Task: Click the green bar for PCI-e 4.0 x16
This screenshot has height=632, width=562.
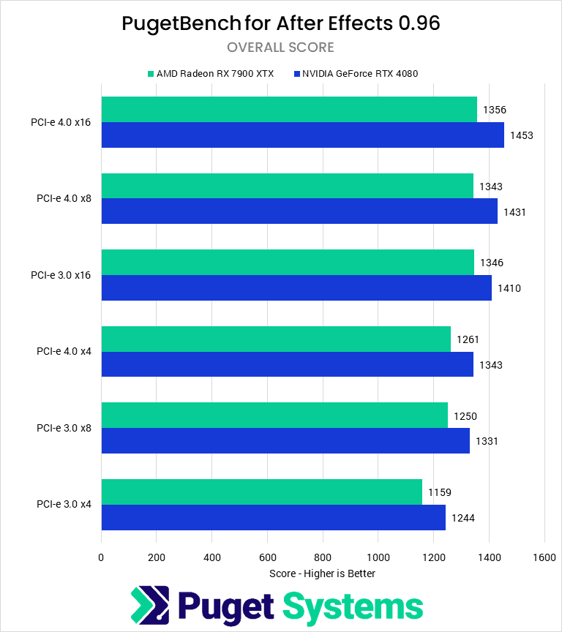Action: click(289, 110)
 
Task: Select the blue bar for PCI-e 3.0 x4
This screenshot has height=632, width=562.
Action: click(273, 518)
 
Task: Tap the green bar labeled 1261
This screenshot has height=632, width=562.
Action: click(276, 339)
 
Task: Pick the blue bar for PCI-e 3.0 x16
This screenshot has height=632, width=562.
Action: click(296, 288)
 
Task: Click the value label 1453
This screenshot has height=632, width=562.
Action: click(521, 135)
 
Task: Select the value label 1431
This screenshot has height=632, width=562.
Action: click(514, 212)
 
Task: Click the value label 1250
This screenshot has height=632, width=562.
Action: click(466, 416)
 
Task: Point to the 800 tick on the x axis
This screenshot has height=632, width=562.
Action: click(323, 557)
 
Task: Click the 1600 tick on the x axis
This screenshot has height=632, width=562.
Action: click(544, 557)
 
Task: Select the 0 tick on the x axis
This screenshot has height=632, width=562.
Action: click(101, 557)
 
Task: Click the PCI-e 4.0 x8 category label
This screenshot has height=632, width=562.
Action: click(64, 199)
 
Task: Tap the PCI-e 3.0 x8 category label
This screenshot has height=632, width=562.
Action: click(64, 428)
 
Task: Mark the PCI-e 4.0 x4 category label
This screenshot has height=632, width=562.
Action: click(64, 352)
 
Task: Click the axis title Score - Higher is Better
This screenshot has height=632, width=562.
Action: click(322, 573)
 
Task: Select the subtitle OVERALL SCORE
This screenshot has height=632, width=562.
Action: click(280, 48)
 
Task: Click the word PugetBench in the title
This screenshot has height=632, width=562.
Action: click(181, 23)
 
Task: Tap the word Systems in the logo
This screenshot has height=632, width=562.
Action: click(353, 607)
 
